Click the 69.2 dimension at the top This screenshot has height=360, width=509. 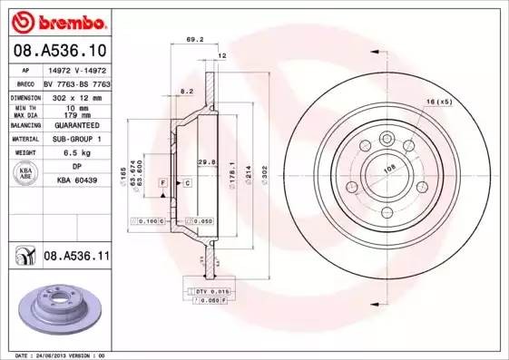point(192,40)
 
